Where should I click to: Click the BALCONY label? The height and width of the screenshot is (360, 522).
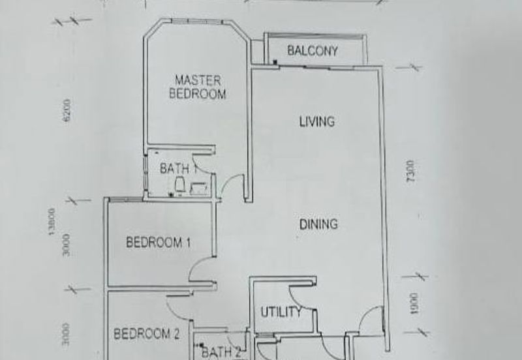[313, 51]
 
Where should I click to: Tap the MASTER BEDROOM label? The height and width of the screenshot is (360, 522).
[197, 87]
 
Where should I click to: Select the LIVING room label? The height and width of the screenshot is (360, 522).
[316, 121]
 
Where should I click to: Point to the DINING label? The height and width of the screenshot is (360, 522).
[318, 224]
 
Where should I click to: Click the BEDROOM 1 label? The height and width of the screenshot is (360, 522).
[158, 243]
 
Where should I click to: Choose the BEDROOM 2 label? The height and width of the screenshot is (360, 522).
[146, 335]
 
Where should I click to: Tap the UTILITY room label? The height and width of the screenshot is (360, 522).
[281, 312]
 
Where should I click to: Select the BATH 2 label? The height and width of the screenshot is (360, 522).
[221, 353]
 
